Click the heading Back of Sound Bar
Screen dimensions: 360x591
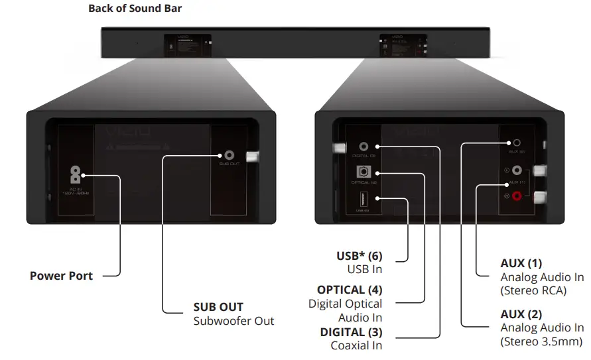[x=135, y=9]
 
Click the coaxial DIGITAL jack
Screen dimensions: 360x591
[x=363, y=147]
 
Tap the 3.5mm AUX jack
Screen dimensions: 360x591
[x=517, y=143]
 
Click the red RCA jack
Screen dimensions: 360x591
[x=517, y=196]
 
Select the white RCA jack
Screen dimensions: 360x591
[x=517, y=170]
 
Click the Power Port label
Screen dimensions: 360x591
[x=61, y=276]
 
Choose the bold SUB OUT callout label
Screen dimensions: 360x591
[x=218, y=307]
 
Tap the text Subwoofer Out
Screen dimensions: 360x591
[x=233, y=321]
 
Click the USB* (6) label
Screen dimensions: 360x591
[x=360, y=255]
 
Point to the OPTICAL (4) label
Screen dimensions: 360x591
[x=350, y=290]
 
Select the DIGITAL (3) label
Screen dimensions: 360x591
[x=352, y=331]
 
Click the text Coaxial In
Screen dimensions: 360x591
[x=356, y=345]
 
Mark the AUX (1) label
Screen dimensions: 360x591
[x=521, y=263]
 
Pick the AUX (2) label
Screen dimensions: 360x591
[x=521, y=314]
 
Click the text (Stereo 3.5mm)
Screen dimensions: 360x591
[x=541, y=341]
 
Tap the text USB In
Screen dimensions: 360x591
[x=365, y=269]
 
